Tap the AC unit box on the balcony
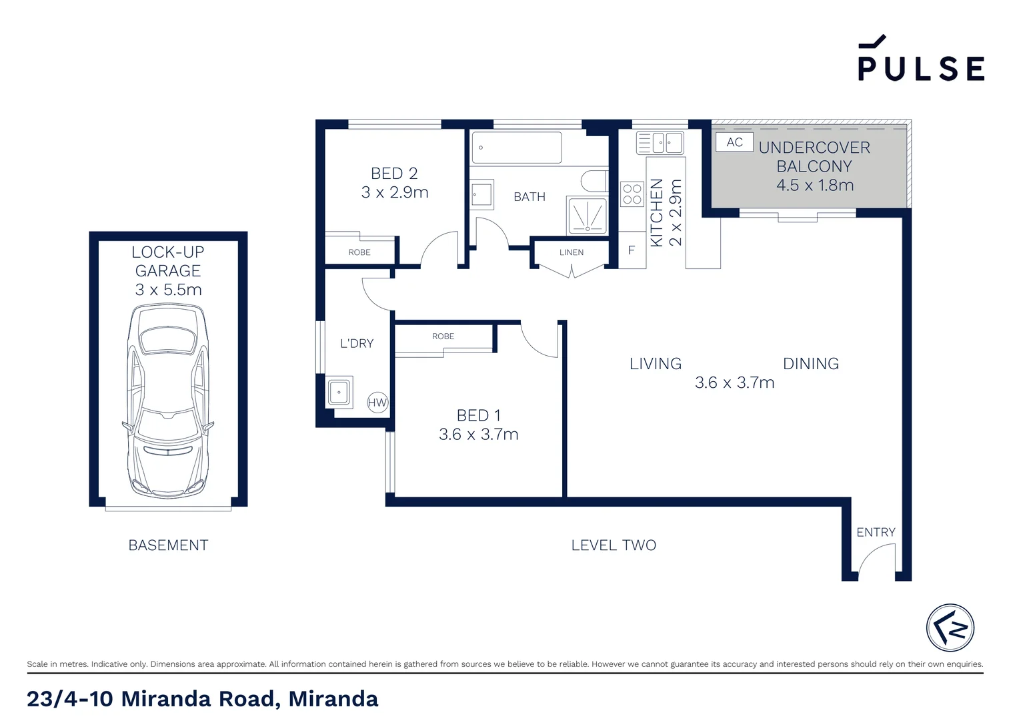click(x=734, y=142)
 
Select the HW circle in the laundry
click(x=377, y=403)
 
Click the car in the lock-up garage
click(x=168, y=401)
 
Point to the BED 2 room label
click(x=394, y=183)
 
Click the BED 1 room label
click(x=478, y=425)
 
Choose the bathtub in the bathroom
click(x=517, y=148)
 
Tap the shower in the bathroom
click(x=587, y=215)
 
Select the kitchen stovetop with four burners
click(x=632, y=194)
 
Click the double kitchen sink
click(x=660, y=142)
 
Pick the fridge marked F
click(x=632, y=250)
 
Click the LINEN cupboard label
click(x=572, y=252)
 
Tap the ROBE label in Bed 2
click(x=359, y=252)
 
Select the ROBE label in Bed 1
click(x=443, y=336)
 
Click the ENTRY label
click(x=876, y=532)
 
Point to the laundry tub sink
click(x=339, y=392)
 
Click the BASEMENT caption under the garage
click(x=168, y=545)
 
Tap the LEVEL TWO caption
click(x=614, y=545)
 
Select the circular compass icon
click(x=950, y=628)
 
